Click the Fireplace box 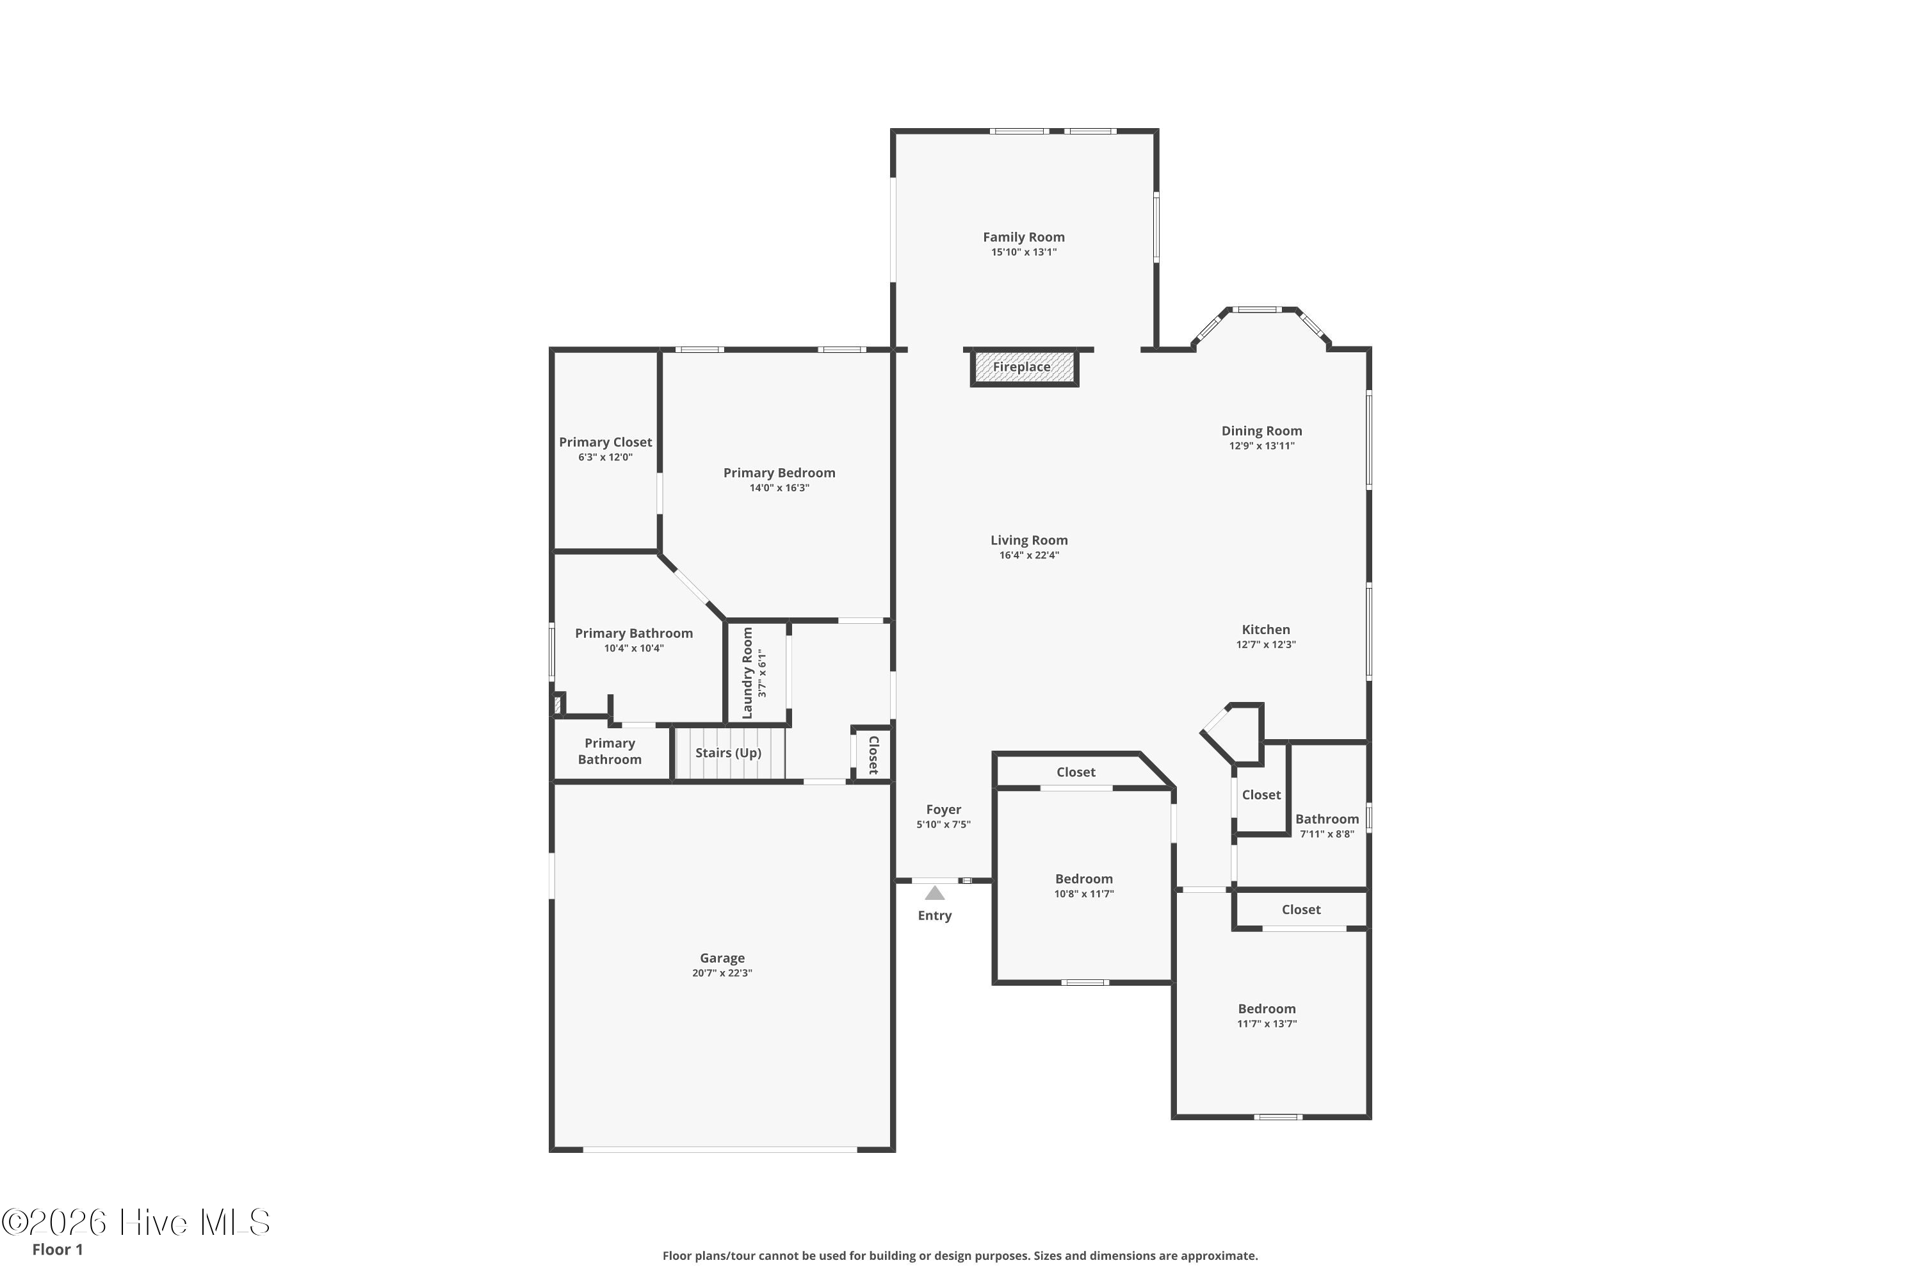(x=1024, y=368)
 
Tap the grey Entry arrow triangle (x=934, y=893)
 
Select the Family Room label (x=1023, y=237)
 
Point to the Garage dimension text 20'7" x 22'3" (x=722, y=973)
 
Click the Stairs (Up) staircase (x=729, y=753)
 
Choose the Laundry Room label (x=747, y=673)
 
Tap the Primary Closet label (x=605, y=442)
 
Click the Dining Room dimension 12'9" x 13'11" (x=1262, y=446)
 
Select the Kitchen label (x=1266, y=629)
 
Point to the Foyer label (x=943, y=810)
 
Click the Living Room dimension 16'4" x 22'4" (x=1029, y=555)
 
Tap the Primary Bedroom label (x=779, y=473)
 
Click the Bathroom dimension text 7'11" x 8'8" (x=1327, y=834)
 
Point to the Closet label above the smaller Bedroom (x=1076, y=772)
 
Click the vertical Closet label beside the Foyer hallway (x=873, y=755)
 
